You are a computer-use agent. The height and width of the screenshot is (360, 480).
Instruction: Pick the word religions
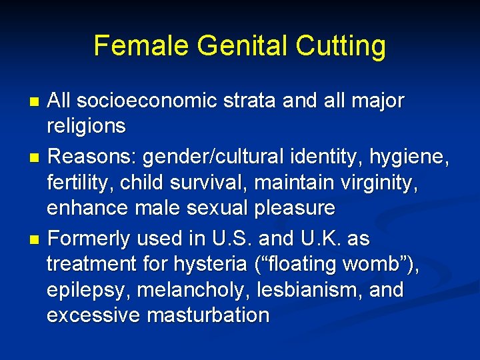tap(87, 127)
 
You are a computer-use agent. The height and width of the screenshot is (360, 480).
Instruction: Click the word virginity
tap(386, 183)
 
